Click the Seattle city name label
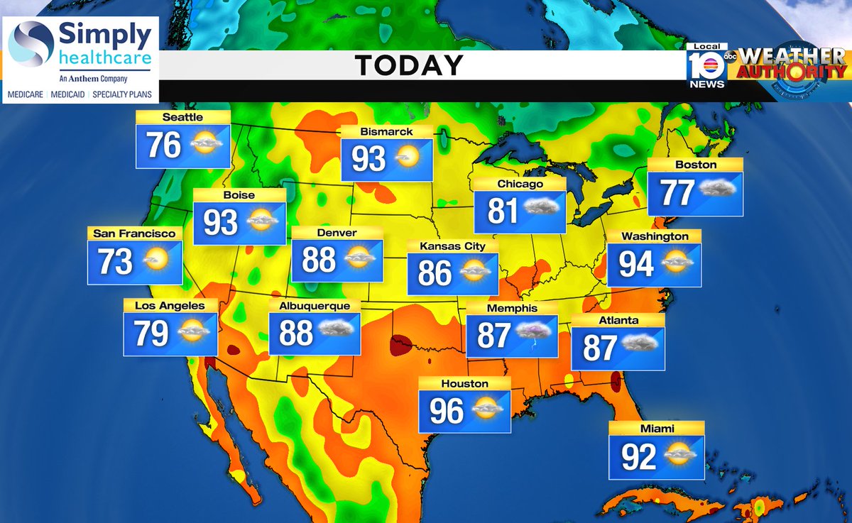[182, 117]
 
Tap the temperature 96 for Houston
[447, 411]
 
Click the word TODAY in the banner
[409, 66]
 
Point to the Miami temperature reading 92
[638, 457]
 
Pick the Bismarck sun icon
[408, 157]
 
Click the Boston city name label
[696, 165]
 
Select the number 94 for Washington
[635, 264]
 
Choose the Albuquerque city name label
[315, 306]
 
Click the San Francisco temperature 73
[115, 261]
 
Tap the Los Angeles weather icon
[193, 331]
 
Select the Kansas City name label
[452, 246]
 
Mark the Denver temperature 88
[319, 260]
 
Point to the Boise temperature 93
[220, 223]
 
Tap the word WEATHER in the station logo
[792, 57]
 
